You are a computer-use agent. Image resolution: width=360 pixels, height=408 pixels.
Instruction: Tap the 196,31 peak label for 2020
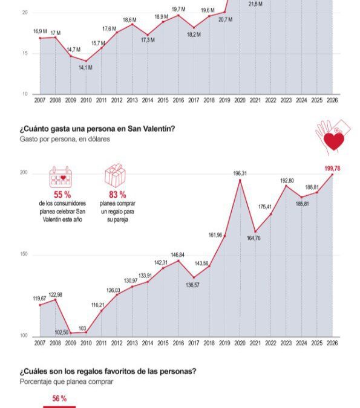tap(241, 173)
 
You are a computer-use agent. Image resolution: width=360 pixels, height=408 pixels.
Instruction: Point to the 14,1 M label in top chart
tap(85, 68)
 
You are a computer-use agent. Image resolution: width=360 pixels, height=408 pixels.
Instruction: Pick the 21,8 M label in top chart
tap(256, 4)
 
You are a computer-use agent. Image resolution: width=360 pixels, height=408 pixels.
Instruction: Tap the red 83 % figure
tap(117, 195)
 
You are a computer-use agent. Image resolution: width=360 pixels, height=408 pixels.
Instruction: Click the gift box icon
tap(115, 176)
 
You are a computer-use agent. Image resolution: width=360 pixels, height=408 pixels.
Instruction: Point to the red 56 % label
tap(59, 398)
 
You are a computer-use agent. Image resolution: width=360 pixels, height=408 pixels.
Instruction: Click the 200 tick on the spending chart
tap(24, 173)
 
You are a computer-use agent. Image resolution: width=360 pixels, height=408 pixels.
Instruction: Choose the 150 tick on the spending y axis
tap(24, 255)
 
